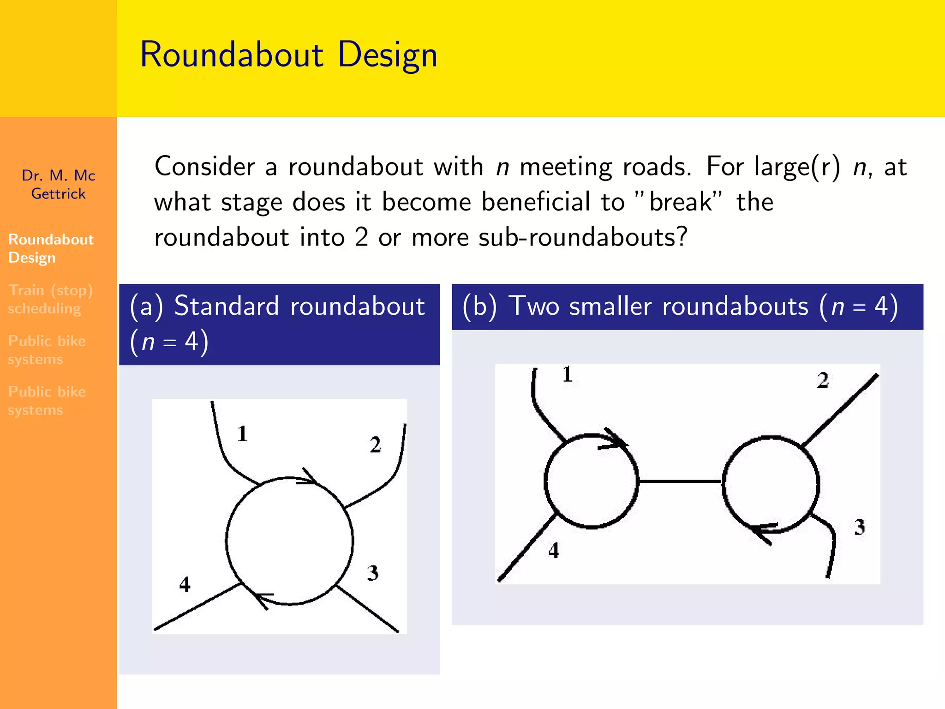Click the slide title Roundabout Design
[x=288, y=55]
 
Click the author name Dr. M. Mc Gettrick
[x=59, y=184]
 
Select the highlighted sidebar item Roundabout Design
[x=51, y=248]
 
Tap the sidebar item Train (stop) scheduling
[x=50, y=299]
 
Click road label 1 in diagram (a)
[x=243, y=434]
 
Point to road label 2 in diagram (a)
[x=376, y=445]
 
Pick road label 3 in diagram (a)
[x=373, y=573]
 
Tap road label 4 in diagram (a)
[x=185, y=584]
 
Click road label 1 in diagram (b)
[x=568, y=374]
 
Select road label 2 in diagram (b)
[x=823, y=380]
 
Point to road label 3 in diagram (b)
[x=859, y=527]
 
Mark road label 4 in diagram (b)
[x=554, y=550]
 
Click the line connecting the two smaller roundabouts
[x=680, y=481]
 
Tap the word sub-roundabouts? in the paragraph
[x=583, y=237]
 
